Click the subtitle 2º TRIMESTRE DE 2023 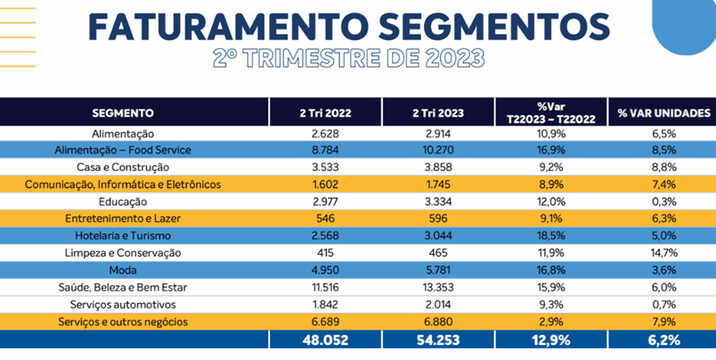click(349, 59)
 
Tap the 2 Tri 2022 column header click(324, 113)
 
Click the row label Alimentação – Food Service click(123, 150)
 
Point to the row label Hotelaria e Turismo click(123, 235)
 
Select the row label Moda click(123, 270)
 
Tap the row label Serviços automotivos click(123, 304)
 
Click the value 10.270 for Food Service click(437, 150)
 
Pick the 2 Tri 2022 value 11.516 click(324, 287)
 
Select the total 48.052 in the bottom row click(324, 340)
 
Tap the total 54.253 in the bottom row click(437, 340)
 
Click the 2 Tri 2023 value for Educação click(437, 201)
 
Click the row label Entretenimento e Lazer click(123, 218)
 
